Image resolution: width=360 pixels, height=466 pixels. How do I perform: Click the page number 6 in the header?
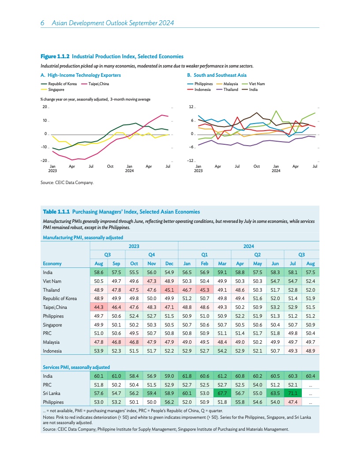(x=42, y=23)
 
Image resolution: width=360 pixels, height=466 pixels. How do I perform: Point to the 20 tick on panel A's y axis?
(x=45, y=107)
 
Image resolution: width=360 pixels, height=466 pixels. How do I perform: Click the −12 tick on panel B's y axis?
(x=191, y=161)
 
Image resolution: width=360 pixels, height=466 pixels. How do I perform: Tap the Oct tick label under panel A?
(x=110, y=166)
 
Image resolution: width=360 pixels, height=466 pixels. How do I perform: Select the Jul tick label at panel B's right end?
(x=315, y=166)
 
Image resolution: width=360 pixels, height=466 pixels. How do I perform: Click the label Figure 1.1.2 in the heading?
(x=55, y=56)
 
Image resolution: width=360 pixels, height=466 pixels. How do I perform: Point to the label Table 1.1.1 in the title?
(x=56, y=212)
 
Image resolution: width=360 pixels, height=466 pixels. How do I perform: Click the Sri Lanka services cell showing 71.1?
(x=293, y=393)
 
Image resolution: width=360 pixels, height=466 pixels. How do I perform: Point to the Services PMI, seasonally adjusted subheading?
(x=76, y=367)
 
